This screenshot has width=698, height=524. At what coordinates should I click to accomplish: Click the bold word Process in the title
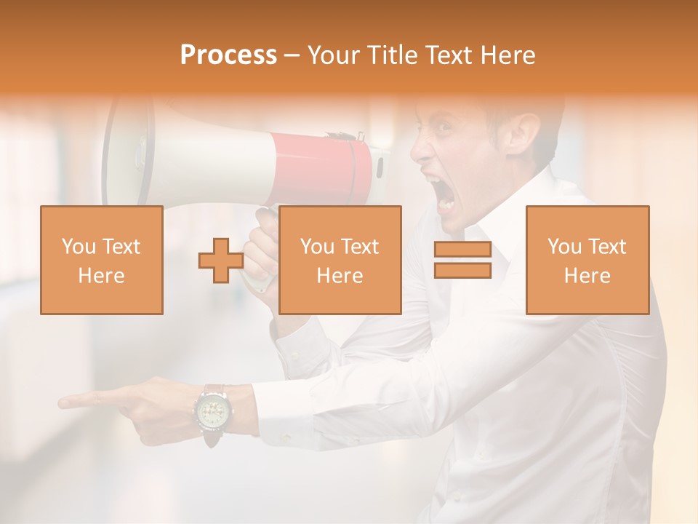228,55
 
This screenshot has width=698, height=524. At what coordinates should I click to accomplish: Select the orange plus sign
221,261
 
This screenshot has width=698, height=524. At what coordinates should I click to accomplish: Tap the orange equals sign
462,261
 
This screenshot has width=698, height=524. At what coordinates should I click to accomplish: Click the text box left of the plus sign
102,261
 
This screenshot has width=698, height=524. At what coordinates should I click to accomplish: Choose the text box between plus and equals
340,261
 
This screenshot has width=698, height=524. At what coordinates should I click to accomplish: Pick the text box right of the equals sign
587,261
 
